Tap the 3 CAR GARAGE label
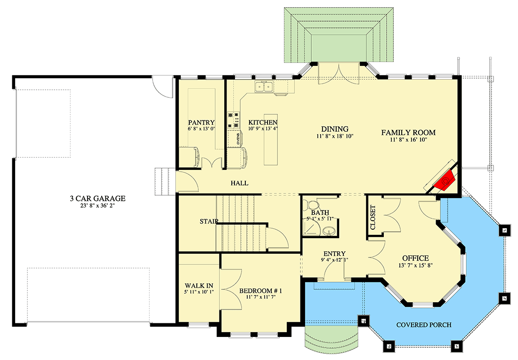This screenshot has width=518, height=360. (x=97, y=199)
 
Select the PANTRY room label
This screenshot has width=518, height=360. (x=201, y=122)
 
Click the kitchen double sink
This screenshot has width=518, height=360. (x=265, y=87)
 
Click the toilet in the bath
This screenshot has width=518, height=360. (x=311, y=205)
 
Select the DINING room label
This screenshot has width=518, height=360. (x=334, y=129)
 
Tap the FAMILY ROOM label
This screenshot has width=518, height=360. (x=408, y=133)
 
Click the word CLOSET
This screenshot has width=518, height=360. (x=373, y=217)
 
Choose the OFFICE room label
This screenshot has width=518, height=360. (x=415, y=258)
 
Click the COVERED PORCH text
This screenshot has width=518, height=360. (x=424, y=325)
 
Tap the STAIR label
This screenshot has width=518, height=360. (x=208, y=221)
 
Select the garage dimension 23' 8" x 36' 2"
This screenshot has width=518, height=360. (x=97, y=206)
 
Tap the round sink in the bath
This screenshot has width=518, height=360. (x=330, y=230)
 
